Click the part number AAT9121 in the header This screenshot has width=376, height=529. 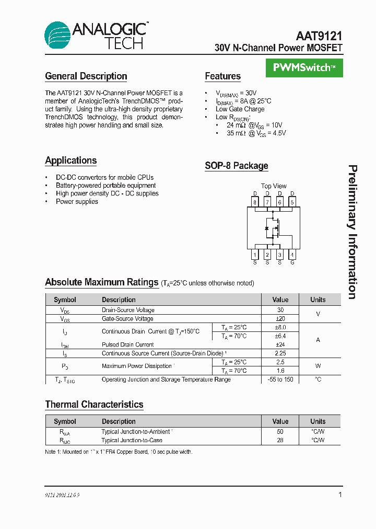(x=319, y=36)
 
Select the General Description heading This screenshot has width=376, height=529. (x=86, y=76)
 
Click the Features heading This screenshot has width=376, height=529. (x=222, y=76)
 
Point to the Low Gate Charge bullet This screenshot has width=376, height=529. (x=240, y=109)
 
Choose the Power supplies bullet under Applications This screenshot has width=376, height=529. (x=77, y=202)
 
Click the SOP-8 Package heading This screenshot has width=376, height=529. (x=236, y=166)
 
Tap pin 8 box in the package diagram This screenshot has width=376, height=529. (x=255, y=202)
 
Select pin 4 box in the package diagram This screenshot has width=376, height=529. (x=292, y=255)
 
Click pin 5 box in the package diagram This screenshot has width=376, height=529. (x=292, y=202)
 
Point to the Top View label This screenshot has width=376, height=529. (x=274, y=186)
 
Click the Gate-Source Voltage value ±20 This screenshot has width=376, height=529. (x=280, y=319)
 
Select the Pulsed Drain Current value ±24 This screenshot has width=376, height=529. (x=280, y=345)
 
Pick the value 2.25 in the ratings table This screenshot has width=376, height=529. (x=280, y=353)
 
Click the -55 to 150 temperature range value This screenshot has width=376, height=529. (x=280, y=379)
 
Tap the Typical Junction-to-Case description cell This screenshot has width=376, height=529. (x=132, y=440)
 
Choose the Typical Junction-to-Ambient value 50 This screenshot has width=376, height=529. (x=280, y=432)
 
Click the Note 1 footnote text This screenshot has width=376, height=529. (x=119, y=452)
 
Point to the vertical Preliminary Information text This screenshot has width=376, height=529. (x=352, y=232)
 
